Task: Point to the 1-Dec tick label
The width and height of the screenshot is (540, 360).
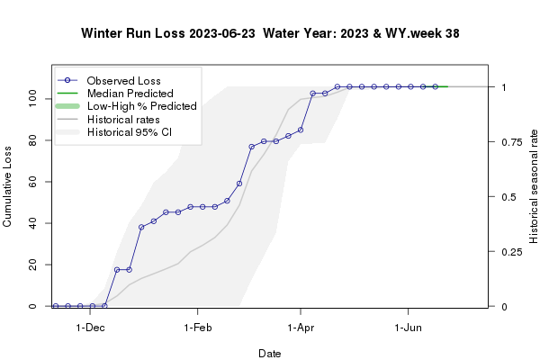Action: pyautogui.click(x=91, y=329)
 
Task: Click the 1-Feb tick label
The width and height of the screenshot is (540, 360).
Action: pyautogui.click(x=197, y=329)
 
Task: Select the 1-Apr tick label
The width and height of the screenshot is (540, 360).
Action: pyautogui.click(x=301, y=329)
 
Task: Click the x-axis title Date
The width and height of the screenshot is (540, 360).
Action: pyautogui.click(x=270, y=354)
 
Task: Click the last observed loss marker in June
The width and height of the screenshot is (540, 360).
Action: pyautogui.click(x=435, y=86)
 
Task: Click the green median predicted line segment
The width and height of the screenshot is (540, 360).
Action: pyautogui.click(x=442, y=86)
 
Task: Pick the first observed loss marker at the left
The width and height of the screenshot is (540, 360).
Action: pyautogui.click(x=56, y=306)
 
